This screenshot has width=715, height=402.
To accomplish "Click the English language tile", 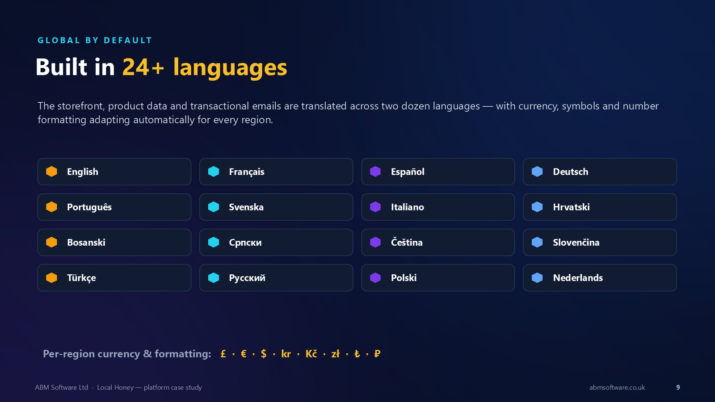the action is tap(114, 172).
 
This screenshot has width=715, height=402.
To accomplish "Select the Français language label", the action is tap(246, 172).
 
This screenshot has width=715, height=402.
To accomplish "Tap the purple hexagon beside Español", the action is tap(375, 172).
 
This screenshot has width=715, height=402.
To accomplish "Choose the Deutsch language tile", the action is tap(600, 172).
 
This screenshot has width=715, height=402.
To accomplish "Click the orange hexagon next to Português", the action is tap(51, 207).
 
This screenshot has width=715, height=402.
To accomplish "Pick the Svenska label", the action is tap(246, 207).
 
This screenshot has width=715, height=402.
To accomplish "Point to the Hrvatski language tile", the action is tap(600, 207).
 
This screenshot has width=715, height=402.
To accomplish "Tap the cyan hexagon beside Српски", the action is tap(214, 242).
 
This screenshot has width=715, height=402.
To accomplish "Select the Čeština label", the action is tap(407, 242).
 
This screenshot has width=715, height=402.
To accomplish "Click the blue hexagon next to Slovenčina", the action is tap(537, 242).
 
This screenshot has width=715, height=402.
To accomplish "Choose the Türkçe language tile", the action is tap(114, 277).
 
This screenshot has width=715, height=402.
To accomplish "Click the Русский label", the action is tap(247, 277).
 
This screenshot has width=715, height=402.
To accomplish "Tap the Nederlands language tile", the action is tap(600, 277).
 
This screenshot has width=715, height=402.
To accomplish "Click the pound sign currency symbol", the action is tap(223, 354).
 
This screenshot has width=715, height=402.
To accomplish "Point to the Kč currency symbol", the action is tap(311, 353).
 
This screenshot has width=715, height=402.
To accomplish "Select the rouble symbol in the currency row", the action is tap(377, 354).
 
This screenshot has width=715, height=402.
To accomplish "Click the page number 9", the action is tap(678, 387).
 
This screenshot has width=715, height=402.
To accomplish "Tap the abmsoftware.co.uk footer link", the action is tap(617, 387).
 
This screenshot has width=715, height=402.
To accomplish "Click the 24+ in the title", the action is tap(143, 67).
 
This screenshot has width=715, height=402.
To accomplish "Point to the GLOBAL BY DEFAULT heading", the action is tap(95, 40).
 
